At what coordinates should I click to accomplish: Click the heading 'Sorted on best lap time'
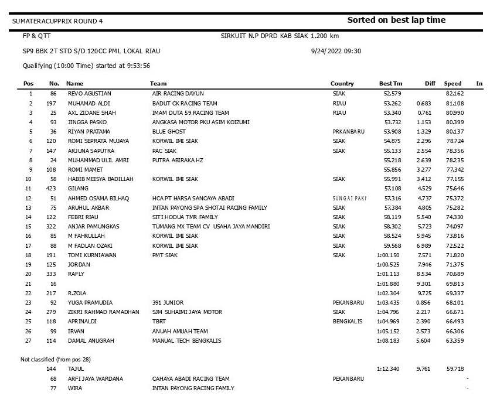click(396, 20)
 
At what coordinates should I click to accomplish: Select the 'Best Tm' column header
click(391, 84)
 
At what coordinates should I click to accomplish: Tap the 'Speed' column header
click(452, 84)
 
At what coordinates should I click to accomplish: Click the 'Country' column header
click(342, 84)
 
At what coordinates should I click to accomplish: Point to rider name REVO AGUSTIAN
click(90, 94)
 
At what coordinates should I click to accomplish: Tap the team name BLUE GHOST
click(169, 132)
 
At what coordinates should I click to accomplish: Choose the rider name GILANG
click(78, 189)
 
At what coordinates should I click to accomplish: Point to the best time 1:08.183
click(387, 340)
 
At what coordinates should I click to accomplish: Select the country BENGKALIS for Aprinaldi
click(348, 322)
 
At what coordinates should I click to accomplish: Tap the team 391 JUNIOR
click(168, 303)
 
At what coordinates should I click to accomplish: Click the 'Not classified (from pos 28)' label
click(56, 359)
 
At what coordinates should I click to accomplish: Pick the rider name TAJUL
click(76, 369)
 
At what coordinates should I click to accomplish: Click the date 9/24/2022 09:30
click(336, 51)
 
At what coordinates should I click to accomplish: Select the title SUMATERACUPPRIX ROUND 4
click(57, 21)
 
